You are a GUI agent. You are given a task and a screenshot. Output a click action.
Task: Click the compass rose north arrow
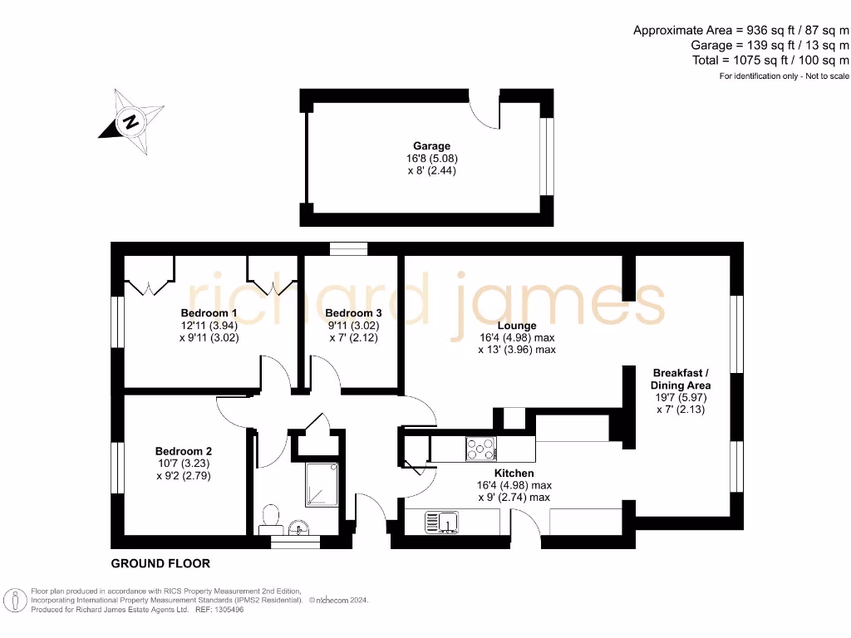tap(130, 122)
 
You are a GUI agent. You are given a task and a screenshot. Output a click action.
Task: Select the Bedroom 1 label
tap(209, 313)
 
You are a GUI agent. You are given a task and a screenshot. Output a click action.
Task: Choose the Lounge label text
tap(516, 326)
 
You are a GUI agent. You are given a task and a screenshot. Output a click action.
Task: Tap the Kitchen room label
tap(515, 473)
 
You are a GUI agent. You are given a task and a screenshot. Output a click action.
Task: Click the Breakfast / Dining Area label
tap(681, 379)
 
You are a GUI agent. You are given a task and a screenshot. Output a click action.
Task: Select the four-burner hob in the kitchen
tap(480, 449)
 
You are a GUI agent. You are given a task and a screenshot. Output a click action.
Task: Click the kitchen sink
tap(443, 522)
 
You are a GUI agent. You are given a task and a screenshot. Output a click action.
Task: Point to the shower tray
tap(321, 484)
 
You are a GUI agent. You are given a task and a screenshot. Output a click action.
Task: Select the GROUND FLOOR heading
tap(160, 563)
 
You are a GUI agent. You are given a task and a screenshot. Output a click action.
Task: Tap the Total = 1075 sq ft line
tap(770, 61)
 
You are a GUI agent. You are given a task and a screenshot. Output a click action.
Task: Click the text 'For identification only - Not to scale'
tap(784, 76)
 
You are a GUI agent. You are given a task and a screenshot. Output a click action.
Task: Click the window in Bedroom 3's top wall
tap(348, 248)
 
